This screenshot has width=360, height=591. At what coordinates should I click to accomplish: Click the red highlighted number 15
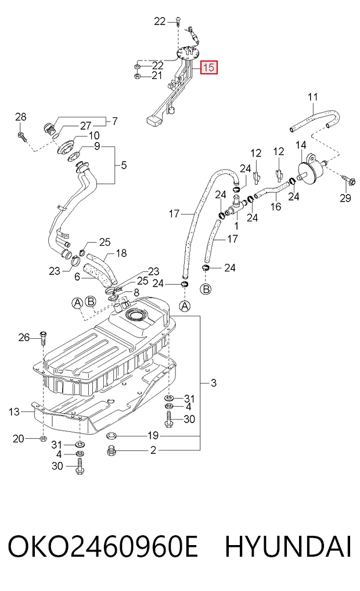tap(208, 67)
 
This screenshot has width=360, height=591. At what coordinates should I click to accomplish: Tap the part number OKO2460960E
tap(102, 546)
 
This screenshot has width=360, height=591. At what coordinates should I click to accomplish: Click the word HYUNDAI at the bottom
tap(288, 546)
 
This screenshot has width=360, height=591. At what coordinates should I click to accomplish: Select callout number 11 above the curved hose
tap(313, 97)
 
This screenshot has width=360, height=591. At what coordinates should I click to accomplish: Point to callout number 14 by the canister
tap(301, 145)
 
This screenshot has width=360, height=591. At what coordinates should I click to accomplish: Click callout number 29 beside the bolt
tap(345, 198)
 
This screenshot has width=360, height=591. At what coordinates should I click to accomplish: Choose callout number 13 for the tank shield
tap(14, 411)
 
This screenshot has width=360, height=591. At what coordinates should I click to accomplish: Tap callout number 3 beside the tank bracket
tap(214, 384)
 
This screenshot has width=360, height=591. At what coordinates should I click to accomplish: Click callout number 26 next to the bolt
tap(24, 337)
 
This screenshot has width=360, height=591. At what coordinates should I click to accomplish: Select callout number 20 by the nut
tap(18, 438)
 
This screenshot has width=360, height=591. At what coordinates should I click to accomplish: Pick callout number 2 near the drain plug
tap(153, 450)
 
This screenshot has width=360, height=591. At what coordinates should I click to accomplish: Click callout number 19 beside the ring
tap(153, 436)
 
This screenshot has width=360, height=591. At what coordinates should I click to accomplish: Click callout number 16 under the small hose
tap(276, 206)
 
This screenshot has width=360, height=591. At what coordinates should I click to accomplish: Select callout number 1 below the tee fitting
tap(236, 226)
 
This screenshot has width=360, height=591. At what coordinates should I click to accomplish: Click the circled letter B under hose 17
tap(206, 289)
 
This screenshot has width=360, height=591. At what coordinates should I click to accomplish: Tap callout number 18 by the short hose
tap(121, 253)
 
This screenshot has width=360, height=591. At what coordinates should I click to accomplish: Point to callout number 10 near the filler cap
tap(93, 135)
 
